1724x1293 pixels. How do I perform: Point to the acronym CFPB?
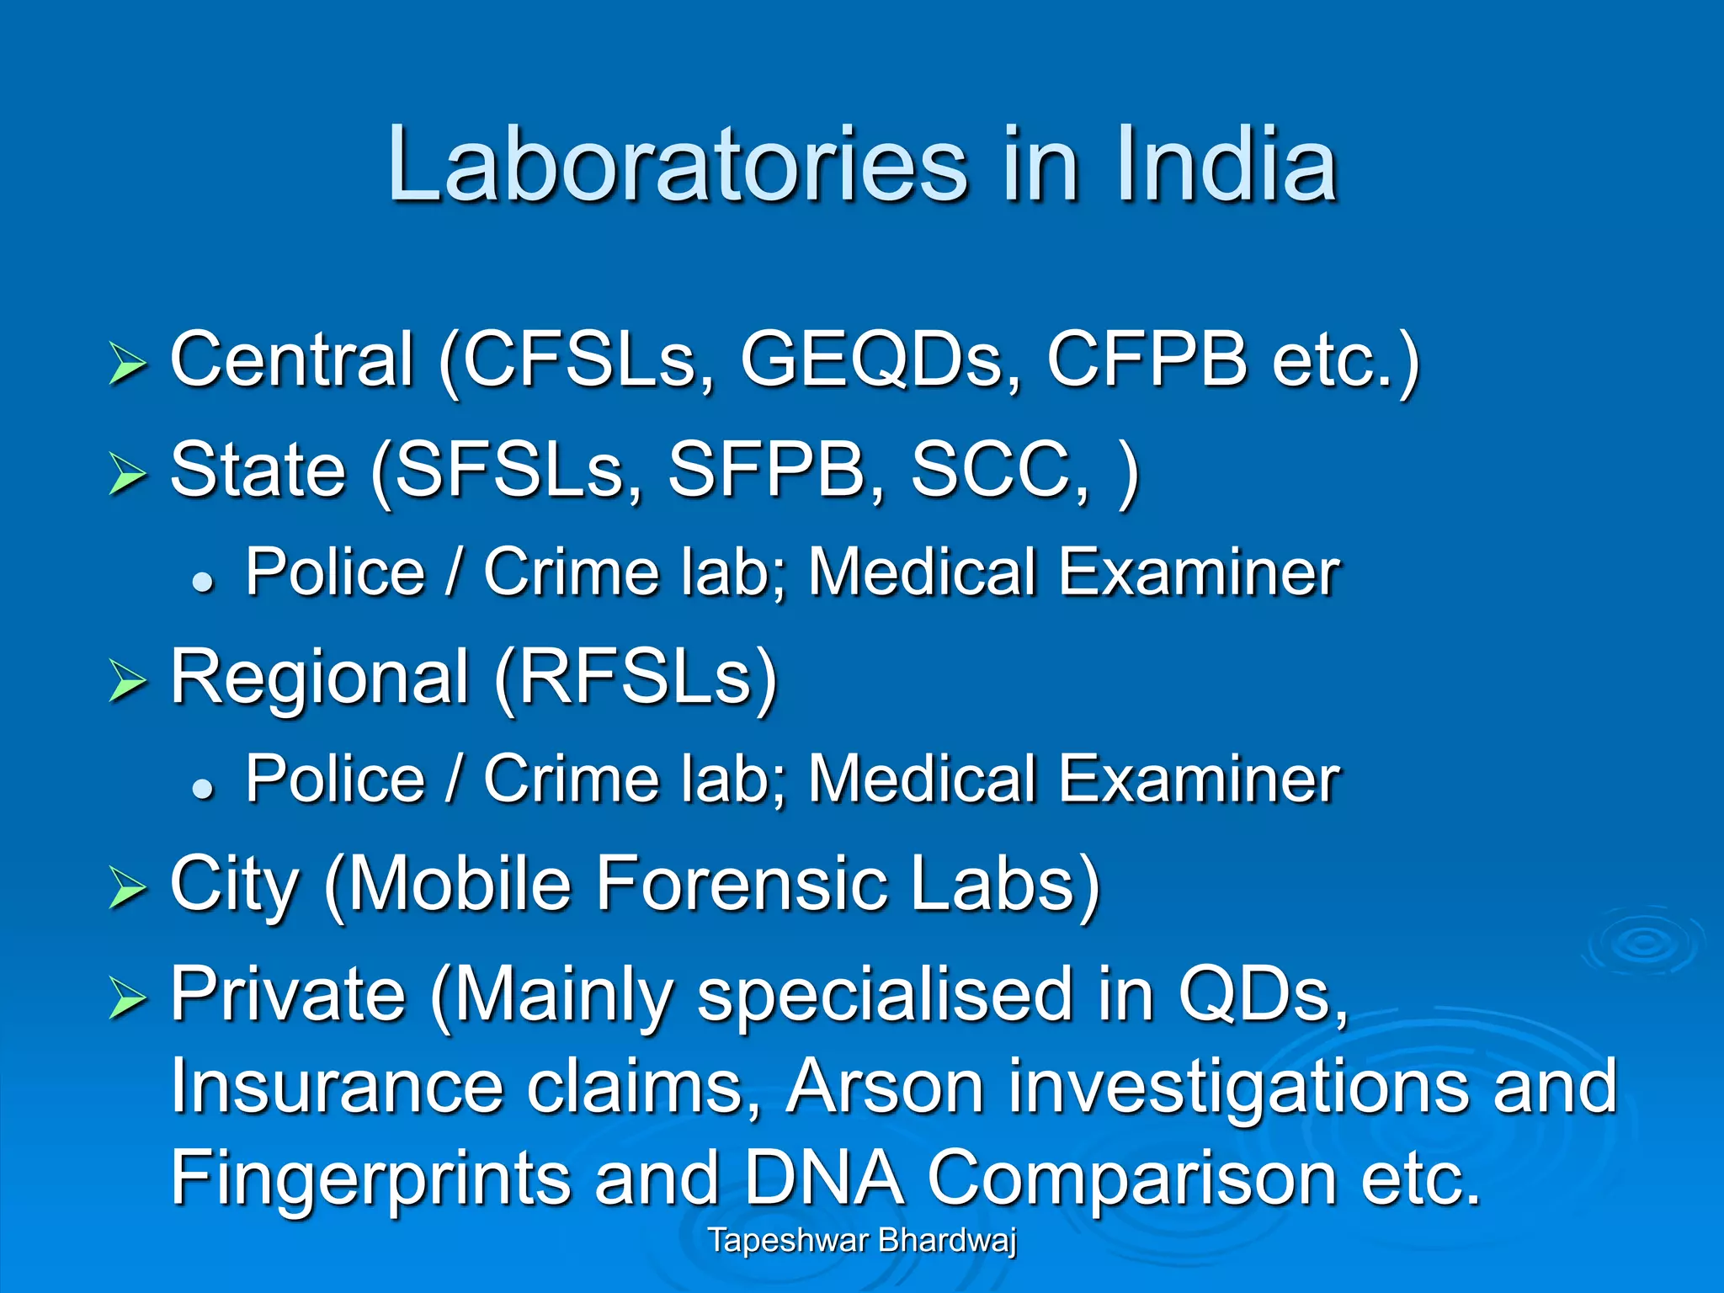1146,360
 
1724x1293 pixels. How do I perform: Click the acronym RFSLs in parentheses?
636,678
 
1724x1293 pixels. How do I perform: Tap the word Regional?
319,678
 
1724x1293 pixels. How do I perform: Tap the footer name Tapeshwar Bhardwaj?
862,1240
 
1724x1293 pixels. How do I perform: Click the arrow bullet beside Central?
127,364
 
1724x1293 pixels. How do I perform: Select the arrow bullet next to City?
127,888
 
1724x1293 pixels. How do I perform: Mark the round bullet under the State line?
203,581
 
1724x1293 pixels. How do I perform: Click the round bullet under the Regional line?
203,788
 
